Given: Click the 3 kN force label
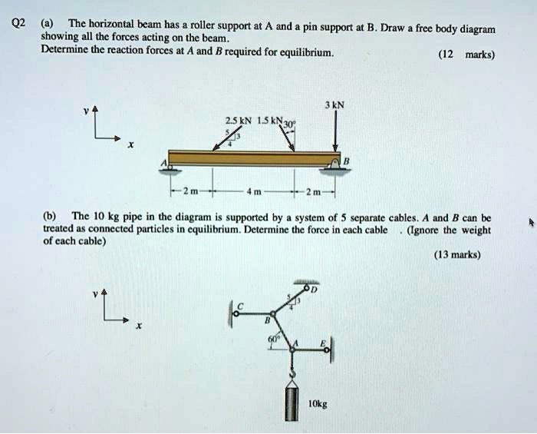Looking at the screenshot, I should (x=335, y=105).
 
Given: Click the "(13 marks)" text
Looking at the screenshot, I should (x=456, y=255).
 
